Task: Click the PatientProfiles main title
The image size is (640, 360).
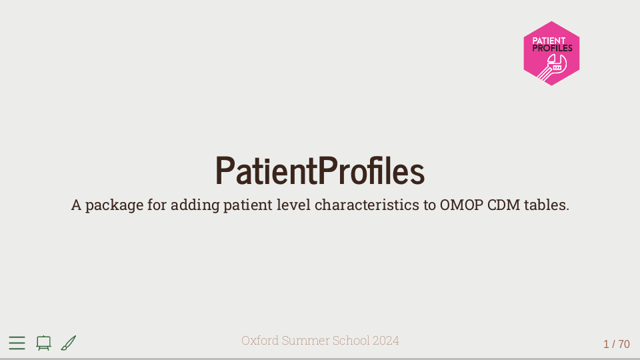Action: click(x=320, y=171)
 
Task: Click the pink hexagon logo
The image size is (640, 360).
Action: click(x=551, y=53)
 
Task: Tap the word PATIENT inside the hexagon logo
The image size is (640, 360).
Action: click(x=549, y=41)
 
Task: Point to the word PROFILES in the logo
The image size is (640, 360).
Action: click(x=552, y=48)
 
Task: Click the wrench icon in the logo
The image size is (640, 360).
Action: click(x=552, y=67)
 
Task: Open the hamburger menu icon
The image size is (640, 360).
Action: click(x=17, y=343)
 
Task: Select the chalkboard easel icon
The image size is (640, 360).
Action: click(x=44, y=343)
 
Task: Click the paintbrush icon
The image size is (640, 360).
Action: click(x=69, y=343)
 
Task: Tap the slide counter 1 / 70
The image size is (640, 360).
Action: click(x=616, y=344)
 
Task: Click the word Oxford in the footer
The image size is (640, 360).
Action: click(x=260, y=341)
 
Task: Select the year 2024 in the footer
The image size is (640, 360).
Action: click(x=386, y=341)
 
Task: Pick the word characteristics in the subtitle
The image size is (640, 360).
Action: click(x=367, y=205)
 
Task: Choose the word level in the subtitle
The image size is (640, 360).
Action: click(x=294, y=205)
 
